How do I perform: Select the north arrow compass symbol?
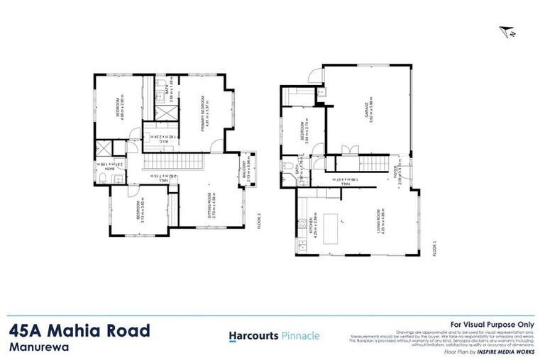507,31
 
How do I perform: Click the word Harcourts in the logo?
251,336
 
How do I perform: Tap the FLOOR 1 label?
434,250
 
